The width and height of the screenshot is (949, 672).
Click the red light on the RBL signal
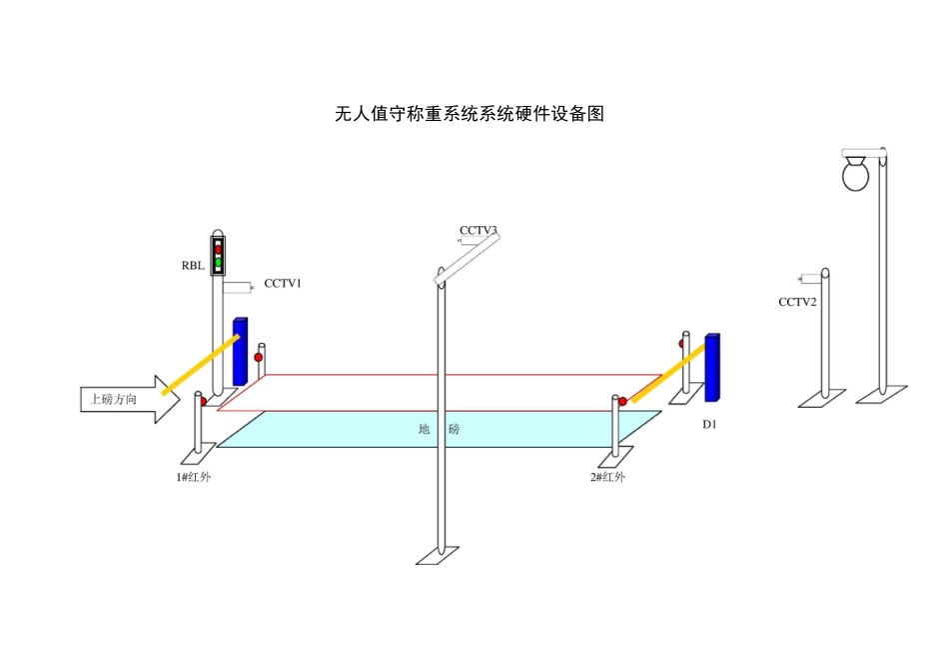218,249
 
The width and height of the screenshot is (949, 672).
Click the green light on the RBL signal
218,262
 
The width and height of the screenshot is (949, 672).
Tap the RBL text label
194,266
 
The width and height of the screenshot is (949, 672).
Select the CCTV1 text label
283,283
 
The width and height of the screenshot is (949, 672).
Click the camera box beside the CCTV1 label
237,288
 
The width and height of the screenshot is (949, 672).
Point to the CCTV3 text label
478,230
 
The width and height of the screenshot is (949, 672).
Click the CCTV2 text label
798,302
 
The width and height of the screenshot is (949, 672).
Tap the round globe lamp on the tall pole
856,176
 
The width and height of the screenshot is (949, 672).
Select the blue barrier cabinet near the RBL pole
240,352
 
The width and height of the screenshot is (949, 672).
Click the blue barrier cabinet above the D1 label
711,367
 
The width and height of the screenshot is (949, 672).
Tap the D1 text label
709,425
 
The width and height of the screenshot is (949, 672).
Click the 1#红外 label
194,477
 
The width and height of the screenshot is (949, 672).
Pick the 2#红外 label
607,477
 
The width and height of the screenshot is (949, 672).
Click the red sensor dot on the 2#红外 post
622,401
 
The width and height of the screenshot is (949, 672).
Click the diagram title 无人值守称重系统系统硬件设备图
470,114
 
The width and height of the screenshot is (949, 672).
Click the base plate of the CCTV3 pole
439,554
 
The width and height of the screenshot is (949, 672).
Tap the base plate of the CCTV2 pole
823,399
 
